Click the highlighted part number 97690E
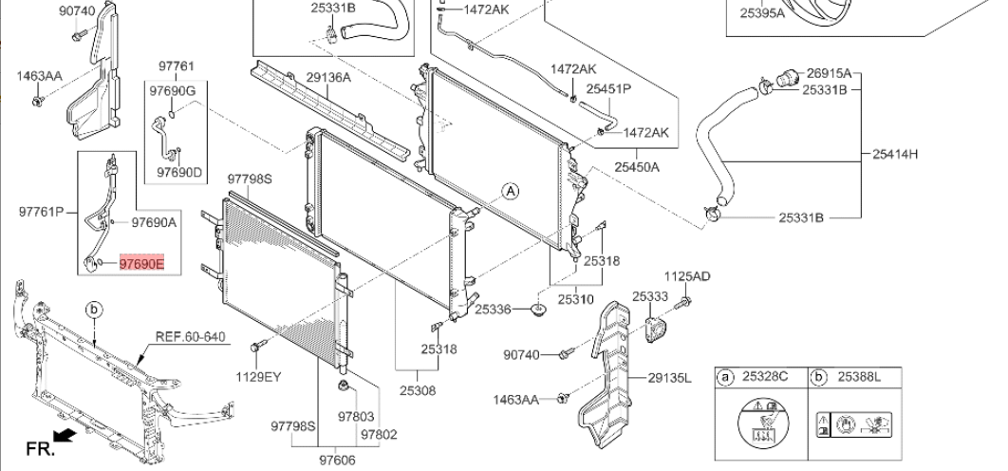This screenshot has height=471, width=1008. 141,263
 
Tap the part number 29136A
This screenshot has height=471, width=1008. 328,78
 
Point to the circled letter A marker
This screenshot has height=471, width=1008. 511,190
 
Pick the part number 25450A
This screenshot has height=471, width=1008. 636,167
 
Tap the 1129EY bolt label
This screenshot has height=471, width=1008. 258,376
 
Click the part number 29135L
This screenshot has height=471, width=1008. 670,378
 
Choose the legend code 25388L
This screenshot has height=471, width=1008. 859,378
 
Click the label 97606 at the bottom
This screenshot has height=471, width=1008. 336,460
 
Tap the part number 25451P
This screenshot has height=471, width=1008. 608,88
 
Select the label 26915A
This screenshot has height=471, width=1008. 829,73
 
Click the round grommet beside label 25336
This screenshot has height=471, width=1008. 538,311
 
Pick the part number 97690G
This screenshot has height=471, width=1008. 171,90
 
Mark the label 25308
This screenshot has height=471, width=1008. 418,390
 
